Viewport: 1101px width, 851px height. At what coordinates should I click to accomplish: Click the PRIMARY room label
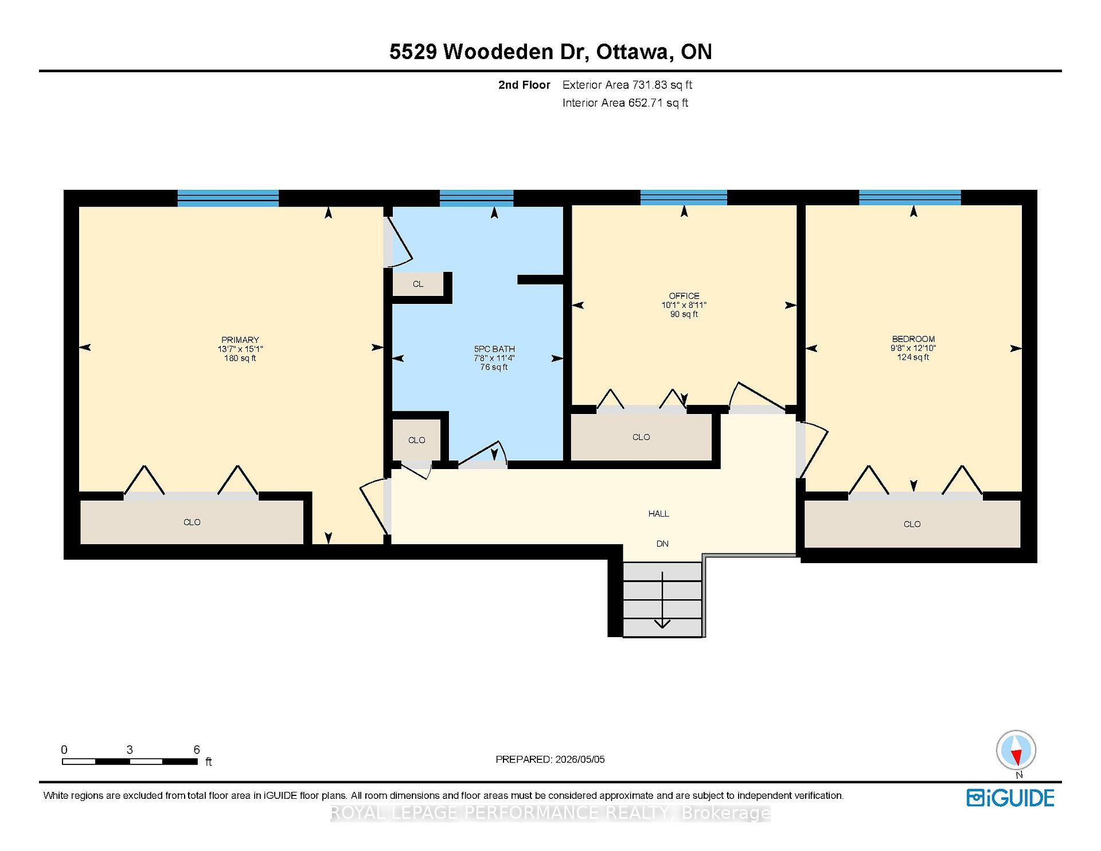pyautogui.click(x=240, y=339)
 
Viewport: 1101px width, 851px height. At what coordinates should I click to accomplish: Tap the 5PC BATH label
pyautogui.click(x=494, y=349)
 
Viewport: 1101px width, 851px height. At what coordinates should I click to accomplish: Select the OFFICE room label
pyautogui.click(x=684, y=296)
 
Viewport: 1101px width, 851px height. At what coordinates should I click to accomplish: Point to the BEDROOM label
pyautogui.click(x=913, y=339)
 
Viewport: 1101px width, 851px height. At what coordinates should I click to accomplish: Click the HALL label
pyautogui.click(x=659, y=514)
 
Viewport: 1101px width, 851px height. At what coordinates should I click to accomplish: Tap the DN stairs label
pyautogui.click(x=662, y=544)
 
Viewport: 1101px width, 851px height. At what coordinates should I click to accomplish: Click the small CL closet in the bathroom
pyautogui.click(x=418, y=284)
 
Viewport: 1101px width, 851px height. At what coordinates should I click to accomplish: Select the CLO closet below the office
pyautogui.click(x=641, y=437)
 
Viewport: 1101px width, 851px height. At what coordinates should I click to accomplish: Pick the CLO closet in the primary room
pyautogui.click(x=192, y=522)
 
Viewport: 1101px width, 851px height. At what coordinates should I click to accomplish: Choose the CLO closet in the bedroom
pyautogui.click(x=912, y=524)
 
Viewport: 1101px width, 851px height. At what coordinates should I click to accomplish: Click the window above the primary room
pyautogui.click(x=228, y=198)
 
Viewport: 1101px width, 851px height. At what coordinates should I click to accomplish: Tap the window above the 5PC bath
pyautogui.click(x=477, y=198)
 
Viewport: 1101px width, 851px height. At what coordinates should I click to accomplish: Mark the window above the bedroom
pyautogui.click(x=910, y=198)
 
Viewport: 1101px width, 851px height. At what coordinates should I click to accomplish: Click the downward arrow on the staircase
pyautogui.click(x=662, y=599)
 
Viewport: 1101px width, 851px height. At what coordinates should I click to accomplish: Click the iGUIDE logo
pyautogui.click(x=1010, y=798)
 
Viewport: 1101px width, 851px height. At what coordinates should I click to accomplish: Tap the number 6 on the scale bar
pyautogui.click(x=197, y=749)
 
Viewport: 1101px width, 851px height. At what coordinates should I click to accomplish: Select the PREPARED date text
pyautogui.click(x=550, y=759)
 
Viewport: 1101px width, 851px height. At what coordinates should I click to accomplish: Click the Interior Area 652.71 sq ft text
pyautogui.click(x=625, y=103)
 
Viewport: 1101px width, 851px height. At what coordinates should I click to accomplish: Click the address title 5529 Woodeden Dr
pyautogui.click(x=489, y=52)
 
